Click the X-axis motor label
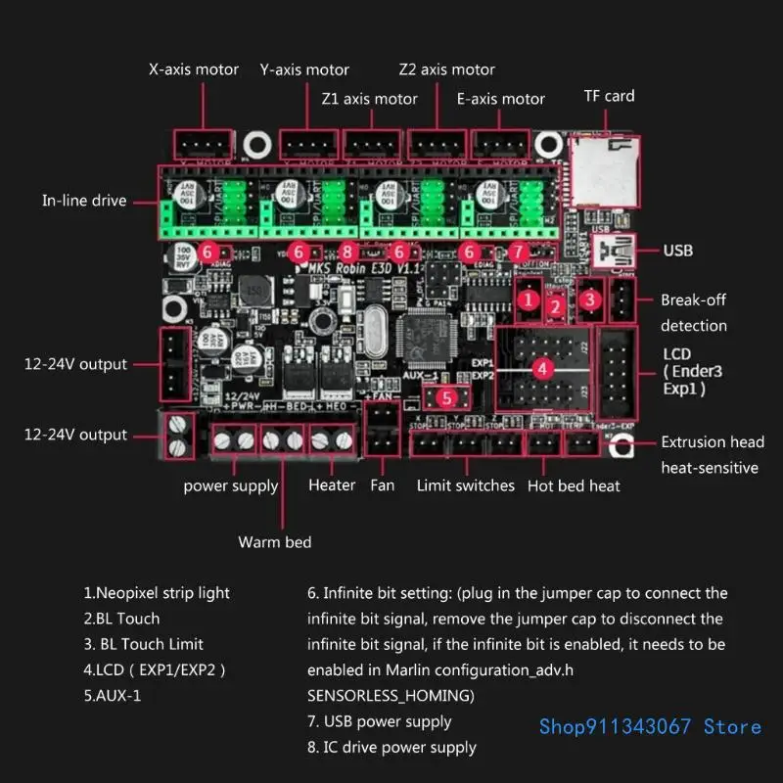[193, 69]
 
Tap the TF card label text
[609, 96]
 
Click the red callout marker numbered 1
[530, 299]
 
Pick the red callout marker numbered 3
[590, 299]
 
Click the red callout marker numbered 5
[445, 397]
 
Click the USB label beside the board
[677, 251]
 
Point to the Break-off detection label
[693, 312]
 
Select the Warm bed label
[274, 541]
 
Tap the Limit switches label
[465, 485]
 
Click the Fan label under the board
[382, 485]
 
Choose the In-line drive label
[84, 201]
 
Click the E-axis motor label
[501, 99]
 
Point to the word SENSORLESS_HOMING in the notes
[391, 695]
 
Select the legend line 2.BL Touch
[121, 619]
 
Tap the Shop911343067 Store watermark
[650, 726]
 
